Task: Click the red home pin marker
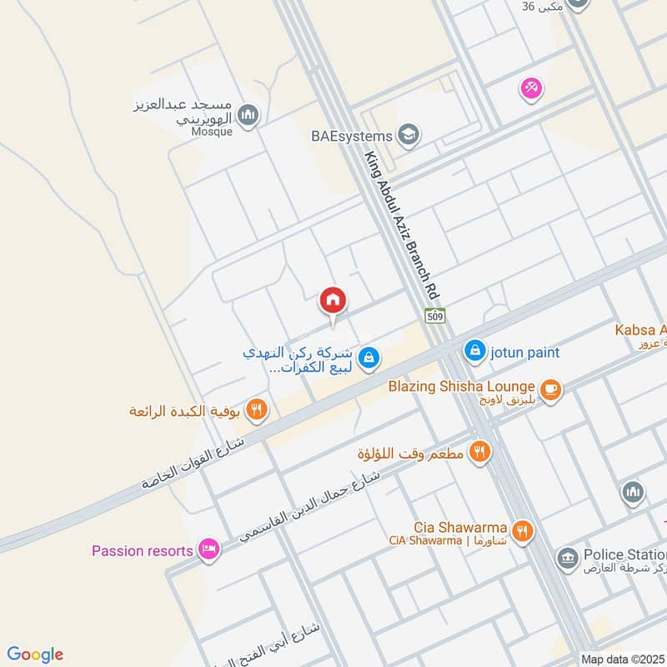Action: (x=333, y=301)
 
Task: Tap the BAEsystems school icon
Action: (x=409, y=134)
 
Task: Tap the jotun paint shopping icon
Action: (x=474, y=351)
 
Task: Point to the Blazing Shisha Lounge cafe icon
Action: (x=550, y=388)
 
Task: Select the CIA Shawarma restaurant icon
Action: (x=523, y=531)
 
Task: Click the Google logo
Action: (x=35, y=654)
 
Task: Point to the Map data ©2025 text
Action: (x=622, y=659)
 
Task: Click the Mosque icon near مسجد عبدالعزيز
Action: (x=247, y=115)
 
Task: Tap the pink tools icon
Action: (x=530, y=87)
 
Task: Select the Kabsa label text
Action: (x=640, y=329)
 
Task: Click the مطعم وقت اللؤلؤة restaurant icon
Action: (x=479, y=452)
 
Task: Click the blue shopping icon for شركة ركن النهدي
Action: (x=370, y=359)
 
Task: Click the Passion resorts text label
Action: (x=143, y=550)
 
